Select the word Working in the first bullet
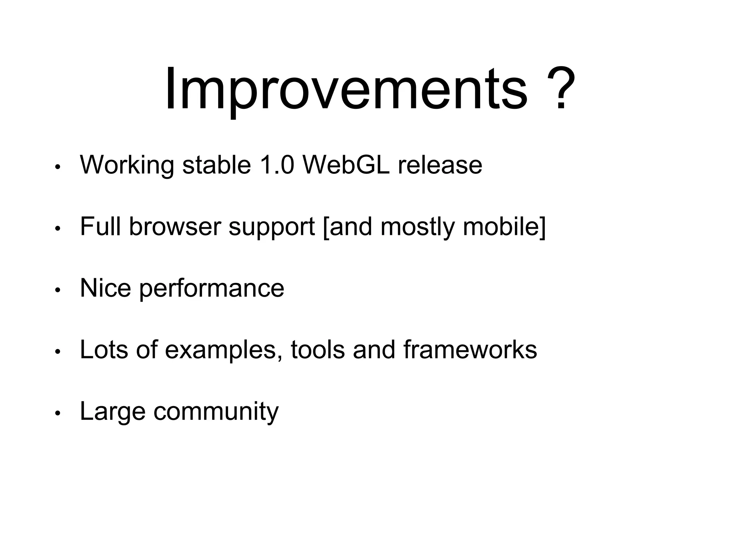tap(127, 165)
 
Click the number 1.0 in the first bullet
tap(277, 165)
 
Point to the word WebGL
tap(346, 165)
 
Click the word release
tap(440, 165)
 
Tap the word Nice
tap(105, 288)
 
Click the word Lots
tap(104, 349)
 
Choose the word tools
tap(318, 349)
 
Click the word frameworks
tap(470, 349)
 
